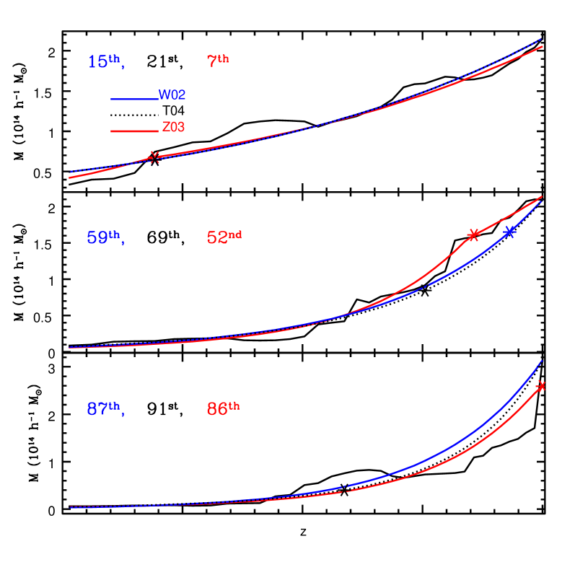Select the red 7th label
coord(217,62)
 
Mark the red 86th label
coord(222,409)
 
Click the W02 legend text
coord(172,95)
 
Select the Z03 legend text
coord(173,128)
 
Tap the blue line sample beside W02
coord(134,99)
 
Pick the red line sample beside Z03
coord(134,131)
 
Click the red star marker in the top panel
coord(154,158)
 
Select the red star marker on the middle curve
coord(473,234)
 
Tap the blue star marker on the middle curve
coord(509,232)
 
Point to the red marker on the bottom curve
coord(540,386)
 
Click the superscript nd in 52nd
coord(235,234)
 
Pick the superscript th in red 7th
coord(223,59)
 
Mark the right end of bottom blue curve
coord(541,361)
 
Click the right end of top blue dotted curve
coord(541,40)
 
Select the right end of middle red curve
coord(542,197)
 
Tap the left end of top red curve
coord(70,177)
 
